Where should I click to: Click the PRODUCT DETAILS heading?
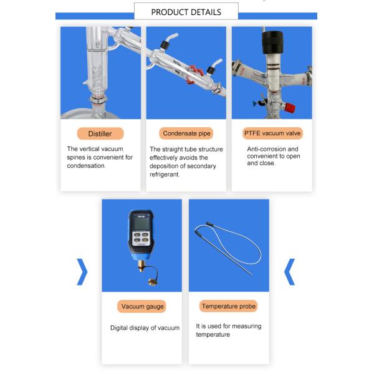pyautogui.click(x=186, y=12)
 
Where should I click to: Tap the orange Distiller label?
pyautogui.click(x=100, y=133)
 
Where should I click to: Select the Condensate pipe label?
pyautogui.click(x=186, y=133)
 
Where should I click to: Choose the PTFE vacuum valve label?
pyautogui.click(x=272, y=133)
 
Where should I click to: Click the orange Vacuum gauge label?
pyautogui.click(x=142, y=306)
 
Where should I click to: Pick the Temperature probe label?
pyautogui.click(x=229, y=306)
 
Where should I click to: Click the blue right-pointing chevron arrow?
pyautogui.click(x=82, y=272)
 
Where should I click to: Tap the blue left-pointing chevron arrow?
pyautogui.click(x=290, y=272)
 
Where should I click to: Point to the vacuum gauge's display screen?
pyautogui.click(x=141, y=224)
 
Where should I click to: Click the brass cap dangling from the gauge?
pyautogui.click(x=153, y=282)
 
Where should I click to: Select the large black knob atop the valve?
pyautogui.click(x=272, y=42)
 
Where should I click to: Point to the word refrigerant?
pyautogui.click(x=165, y=175)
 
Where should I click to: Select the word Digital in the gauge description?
pyautogui.click(x=119, y=328)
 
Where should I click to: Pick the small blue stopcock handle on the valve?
pyautogui.click(x=256, y=103)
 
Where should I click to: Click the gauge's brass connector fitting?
pyautogui.click(x=141, y=266)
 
